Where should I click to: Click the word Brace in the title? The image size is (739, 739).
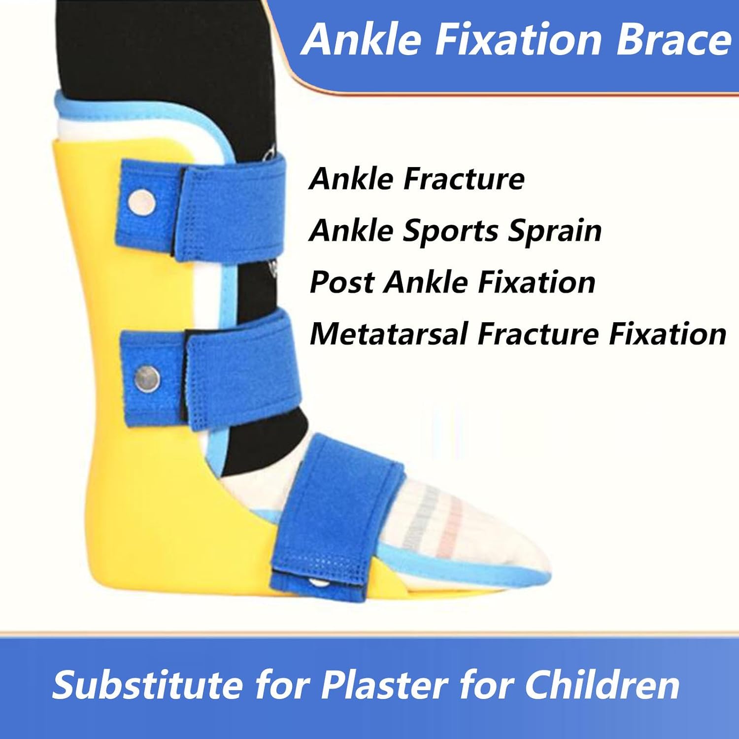pyautogui.click(x=673, y=39)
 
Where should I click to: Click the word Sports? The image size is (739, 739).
pyautogui.click(x=450, y=231)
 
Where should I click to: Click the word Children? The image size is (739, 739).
pyautogui.click(x=602, y=685)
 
